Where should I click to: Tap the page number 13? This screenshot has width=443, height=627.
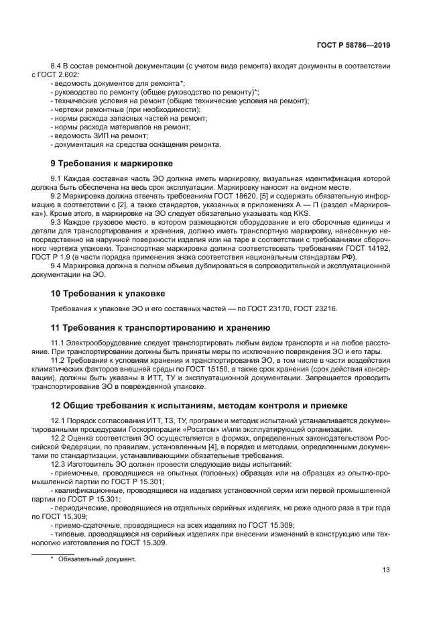386,571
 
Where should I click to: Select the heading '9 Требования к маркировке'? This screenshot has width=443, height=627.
112,163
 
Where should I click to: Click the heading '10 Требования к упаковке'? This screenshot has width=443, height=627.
108,294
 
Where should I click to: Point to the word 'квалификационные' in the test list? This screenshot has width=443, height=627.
82,491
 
